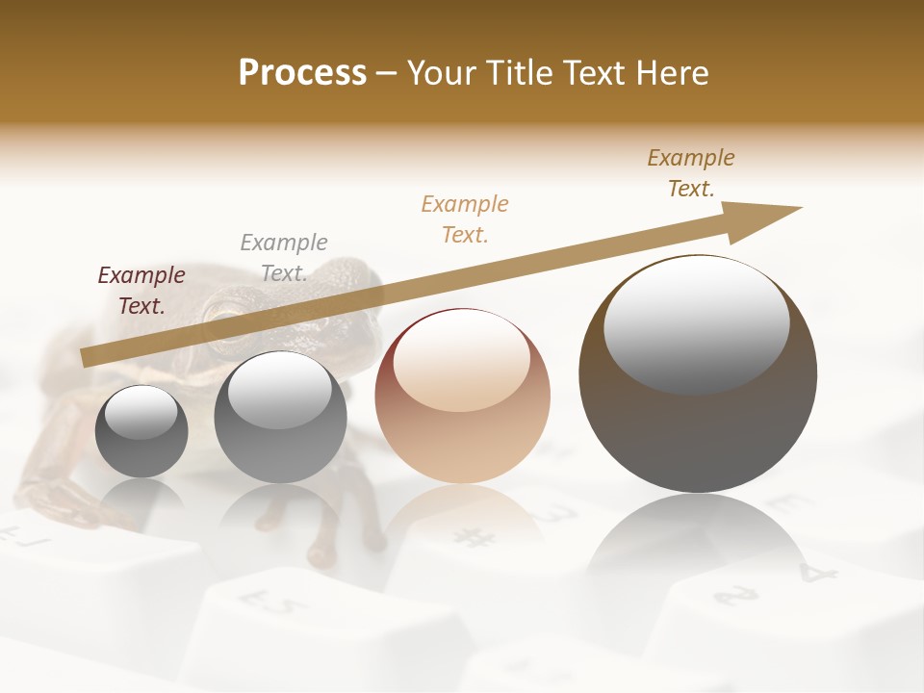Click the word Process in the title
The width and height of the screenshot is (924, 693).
tap(302, 72)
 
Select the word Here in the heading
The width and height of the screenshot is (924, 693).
tap(671, 72)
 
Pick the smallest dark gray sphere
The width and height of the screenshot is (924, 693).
tap(141, 431)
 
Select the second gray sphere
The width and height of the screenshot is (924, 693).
tap(280, 418)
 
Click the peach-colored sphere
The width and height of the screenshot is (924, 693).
tap(462, 397)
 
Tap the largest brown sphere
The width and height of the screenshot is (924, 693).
tap(698, 374)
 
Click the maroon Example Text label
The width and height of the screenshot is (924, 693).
tap(141, 290)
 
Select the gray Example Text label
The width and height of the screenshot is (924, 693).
tap(284, 257)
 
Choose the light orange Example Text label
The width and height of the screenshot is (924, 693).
tap(465, 218)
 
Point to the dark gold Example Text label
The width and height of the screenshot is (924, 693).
tap(691, 172)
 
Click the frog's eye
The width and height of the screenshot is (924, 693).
tap(226, 312)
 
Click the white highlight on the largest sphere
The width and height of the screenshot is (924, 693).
tap(696, 323)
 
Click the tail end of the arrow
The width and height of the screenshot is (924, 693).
tap(87, 357)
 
